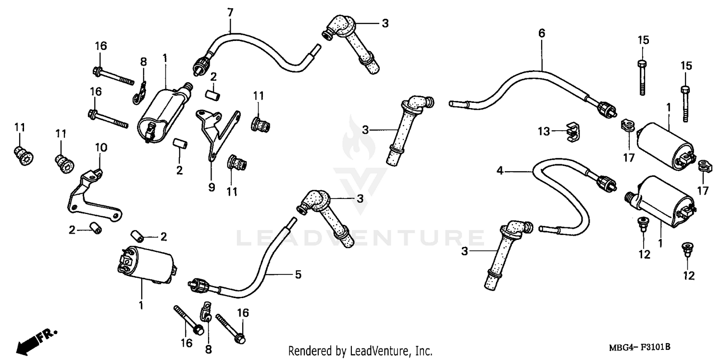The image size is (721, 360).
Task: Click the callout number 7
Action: (x=230, y=12)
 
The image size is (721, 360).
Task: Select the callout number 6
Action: (x=542, y=33)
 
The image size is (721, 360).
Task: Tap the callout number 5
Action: (x=298, y=274)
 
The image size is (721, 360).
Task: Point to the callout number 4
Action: (x=500, y=170)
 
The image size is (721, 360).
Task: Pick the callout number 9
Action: (x=211, y=187)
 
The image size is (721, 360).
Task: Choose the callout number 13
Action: (x=543, y=131)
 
